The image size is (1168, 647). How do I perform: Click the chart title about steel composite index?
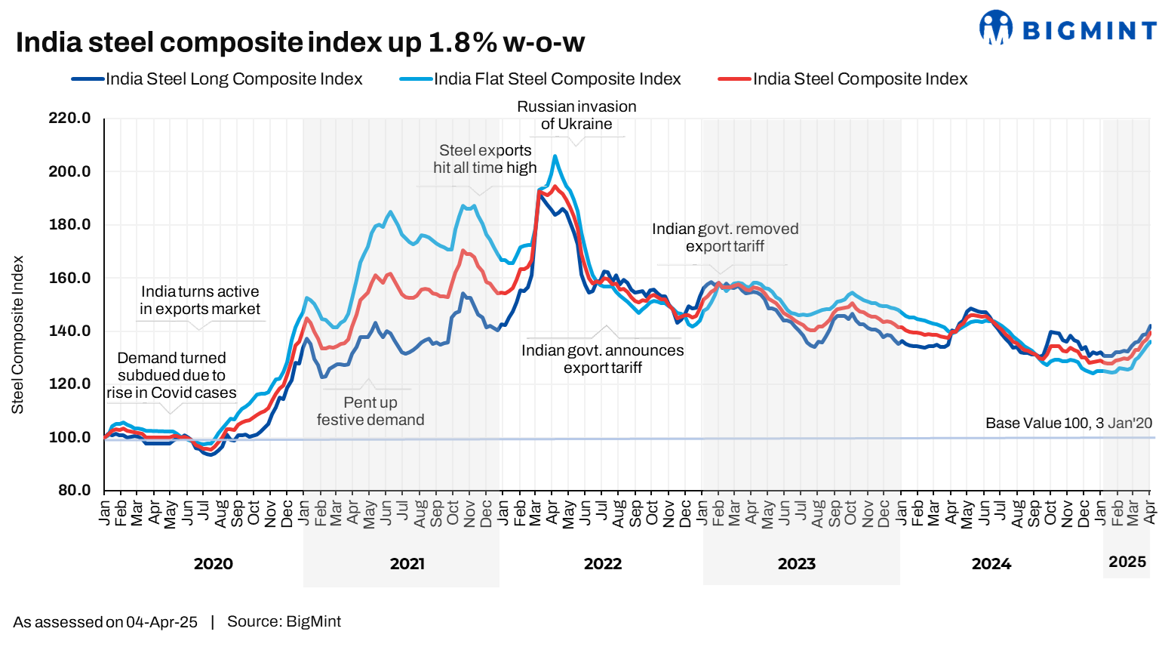click(x=300, y=42)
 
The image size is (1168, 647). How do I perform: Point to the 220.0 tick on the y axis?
click(x=69, y=119)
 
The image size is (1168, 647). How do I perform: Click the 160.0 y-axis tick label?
click(x=69, y=278)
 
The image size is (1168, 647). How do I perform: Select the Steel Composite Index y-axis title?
click(x=17, y=334)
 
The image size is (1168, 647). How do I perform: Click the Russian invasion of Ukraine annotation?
click(x=576, y=116)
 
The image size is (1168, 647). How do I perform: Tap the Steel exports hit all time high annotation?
click(x=485, y=159)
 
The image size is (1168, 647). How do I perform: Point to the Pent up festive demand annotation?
click(x=370, y=411)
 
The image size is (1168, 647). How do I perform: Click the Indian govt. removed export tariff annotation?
click(x=725, y=238)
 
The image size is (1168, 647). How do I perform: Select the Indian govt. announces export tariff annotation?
click(x=602, y=359)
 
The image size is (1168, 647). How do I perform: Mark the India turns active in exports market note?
click(x=200, y=300)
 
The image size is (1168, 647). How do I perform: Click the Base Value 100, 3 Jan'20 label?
click(x=1068, y=424)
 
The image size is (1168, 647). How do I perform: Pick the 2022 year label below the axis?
click(x=603, y=564)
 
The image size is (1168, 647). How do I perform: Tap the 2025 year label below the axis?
click(x=1127, y=562)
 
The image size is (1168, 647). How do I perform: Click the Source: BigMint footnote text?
click(x=284, y=621)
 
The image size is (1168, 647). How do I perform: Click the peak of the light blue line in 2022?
click(x=555, y=156)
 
